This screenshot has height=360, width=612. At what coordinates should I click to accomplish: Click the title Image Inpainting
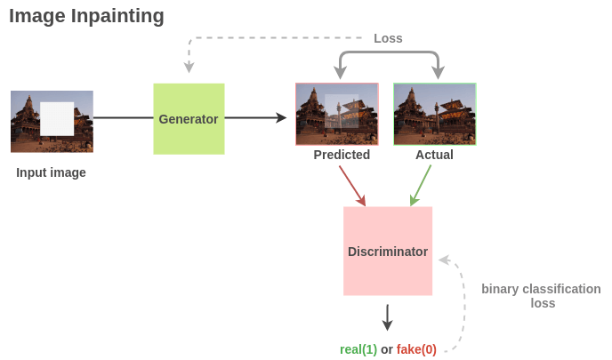coord(86,16)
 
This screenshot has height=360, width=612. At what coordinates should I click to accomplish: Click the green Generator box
coord(189,119)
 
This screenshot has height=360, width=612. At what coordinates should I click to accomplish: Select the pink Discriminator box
coord(388,252)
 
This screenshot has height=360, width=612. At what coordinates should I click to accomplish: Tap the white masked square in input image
coord(57,118)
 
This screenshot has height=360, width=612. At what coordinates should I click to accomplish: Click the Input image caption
coord(51,172)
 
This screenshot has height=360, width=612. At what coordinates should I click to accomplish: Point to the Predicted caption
coord(342,155)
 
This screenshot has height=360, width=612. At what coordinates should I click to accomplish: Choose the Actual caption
coord(434,155)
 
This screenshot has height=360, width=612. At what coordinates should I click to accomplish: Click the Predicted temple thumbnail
coord(337,114)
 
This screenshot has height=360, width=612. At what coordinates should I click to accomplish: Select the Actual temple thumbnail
coord(434,114)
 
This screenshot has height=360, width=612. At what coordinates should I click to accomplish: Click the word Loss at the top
coord(388,38)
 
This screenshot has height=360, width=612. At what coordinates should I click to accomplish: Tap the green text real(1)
coord(358,349)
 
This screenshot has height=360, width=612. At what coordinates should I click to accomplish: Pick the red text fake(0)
coord(416,349)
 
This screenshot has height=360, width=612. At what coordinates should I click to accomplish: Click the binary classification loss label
coord(541,296)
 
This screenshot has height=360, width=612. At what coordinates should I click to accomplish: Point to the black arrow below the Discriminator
coord(387,317)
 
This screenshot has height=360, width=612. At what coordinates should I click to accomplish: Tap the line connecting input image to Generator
coord(123,117)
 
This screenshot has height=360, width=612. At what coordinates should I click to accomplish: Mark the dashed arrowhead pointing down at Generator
coord(188,68)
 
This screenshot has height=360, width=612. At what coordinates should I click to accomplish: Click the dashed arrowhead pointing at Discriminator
coord(444,260)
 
